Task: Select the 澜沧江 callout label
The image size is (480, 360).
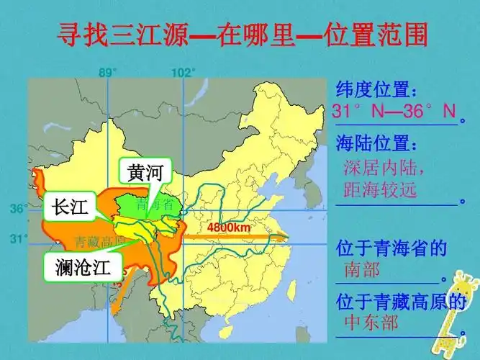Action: click(x=83, y=268)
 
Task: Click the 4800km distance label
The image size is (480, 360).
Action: click(x=228, y=228)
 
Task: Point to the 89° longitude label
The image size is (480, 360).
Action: click(x=107, y=72)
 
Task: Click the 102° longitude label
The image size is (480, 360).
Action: click(x=183, y=72)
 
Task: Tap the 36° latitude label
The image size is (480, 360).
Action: click(x=17, y=208)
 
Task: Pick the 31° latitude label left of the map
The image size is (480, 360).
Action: click(x=17, y=238)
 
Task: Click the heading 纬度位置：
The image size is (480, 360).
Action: click(x=376, y=91)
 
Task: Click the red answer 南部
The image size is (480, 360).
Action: click(x=361, y=270)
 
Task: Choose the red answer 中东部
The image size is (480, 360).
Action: click(x=371, y=322)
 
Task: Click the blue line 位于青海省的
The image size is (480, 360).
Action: click(x=391, y=249)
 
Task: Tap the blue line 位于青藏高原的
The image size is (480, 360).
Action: click(x=401, y=302)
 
